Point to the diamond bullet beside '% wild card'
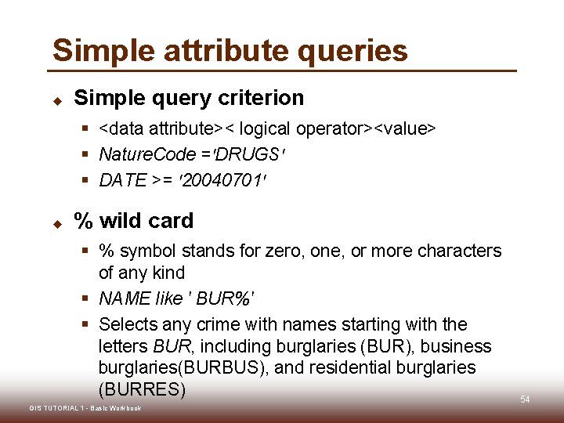click(57, 222)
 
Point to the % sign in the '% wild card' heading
click(83, 221)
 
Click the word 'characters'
click(459, 251)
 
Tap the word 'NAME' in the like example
click(124, 298)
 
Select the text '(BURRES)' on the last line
click(142, 389)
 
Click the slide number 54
click(525, 400)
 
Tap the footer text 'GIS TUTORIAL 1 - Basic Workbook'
click(85, 408)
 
